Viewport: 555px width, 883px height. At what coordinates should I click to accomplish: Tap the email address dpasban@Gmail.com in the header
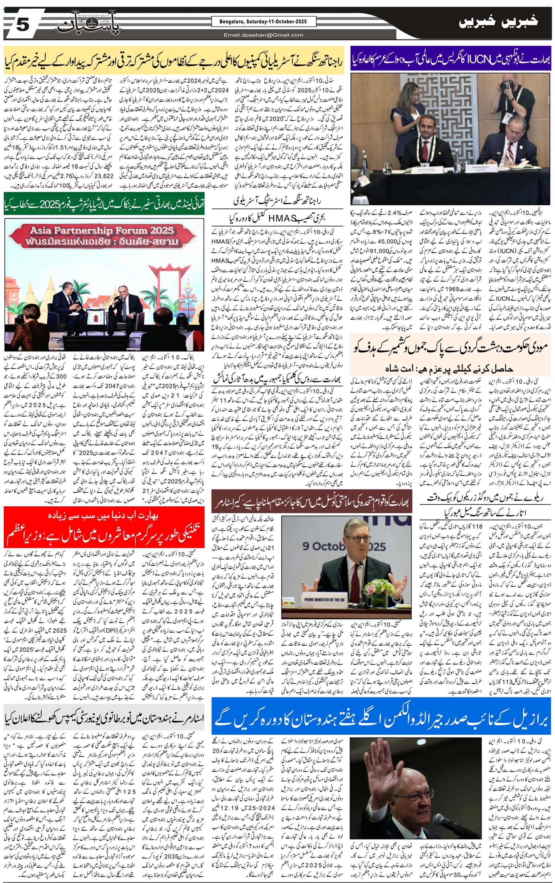(x=263, y=35)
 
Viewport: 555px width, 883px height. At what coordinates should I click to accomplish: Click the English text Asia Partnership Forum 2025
(x=102, y=230)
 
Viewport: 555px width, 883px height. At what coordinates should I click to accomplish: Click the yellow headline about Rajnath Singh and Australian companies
(x=173, y=59)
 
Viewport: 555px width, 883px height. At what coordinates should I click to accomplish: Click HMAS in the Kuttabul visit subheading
(x=282, y=219)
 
